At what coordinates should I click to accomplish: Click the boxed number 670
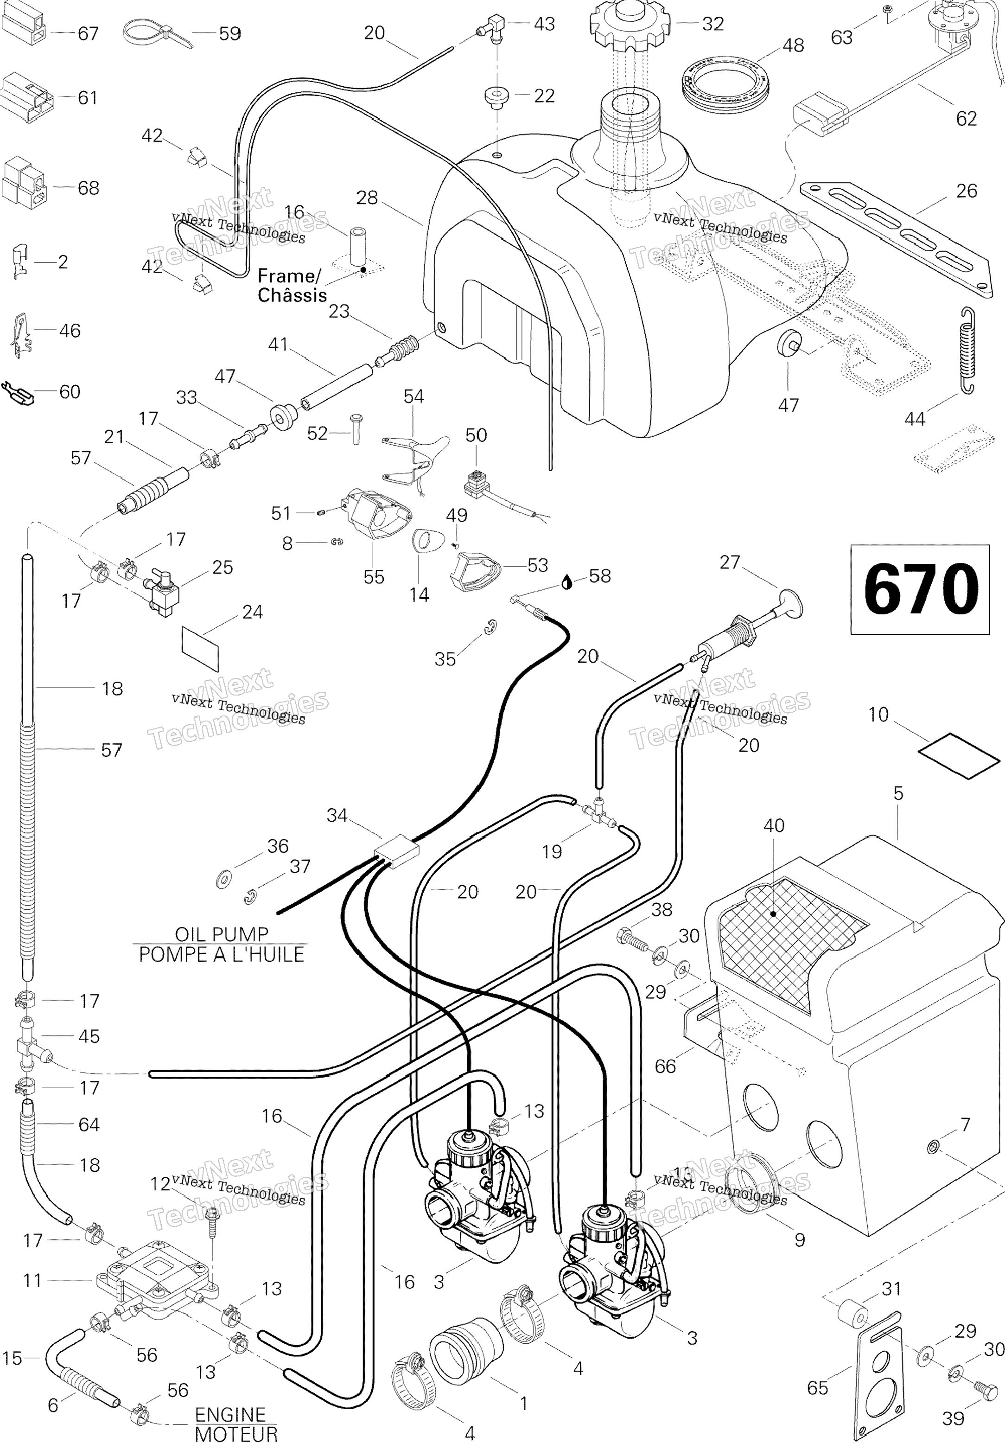(x=920, y=589)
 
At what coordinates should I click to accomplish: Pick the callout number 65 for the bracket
(x=817, y=1388)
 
